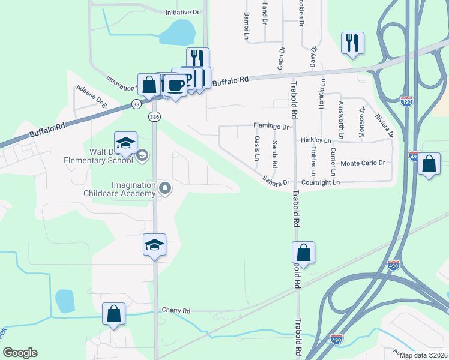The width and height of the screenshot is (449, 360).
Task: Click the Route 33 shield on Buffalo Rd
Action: click(x=136, y=104)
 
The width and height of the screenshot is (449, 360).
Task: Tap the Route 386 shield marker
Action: click(x=155, y=116)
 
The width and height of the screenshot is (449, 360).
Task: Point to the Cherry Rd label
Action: click(x=176, y=311)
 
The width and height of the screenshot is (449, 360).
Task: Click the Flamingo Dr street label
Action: click(x=271, y=127)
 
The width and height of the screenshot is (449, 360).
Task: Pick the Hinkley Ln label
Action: click(x=316, y=140)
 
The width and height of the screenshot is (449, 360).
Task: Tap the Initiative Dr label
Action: click(x=182, y=12)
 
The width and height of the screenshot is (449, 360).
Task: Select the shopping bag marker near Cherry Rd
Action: click(x=113, y=314)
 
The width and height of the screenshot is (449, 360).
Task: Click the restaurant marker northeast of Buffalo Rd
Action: click(x=352, y=43)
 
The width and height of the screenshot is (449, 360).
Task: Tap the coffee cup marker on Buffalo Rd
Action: click(x=175, y=85)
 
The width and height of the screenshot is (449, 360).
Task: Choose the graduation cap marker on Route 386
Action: click(x=154, y=245)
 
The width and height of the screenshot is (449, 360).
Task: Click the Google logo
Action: click(x=20, y=353)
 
